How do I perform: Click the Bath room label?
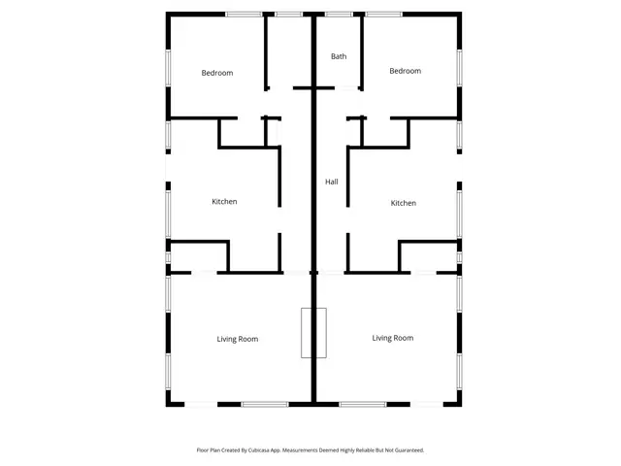pyautogui.click(x=339, y=56)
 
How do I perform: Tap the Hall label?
pyautogui.click(x=332, y=182)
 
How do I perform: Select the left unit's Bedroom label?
pyautogui.click(x=217, y=73)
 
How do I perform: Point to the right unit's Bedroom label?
pyautogui.click(x=405, y=71)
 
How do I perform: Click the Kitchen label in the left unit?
pyautogui.click(x=224, y=202)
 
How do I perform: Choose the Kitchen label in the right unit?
pyautogui.click(x=403, y=203)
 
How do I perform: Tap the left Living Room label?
pyautogui.click(x=237, y=339)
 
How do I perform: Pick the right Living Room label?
pyautogui.click(x=393, y=338)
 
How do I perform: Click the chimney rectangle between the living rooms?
pyautogui.click(x=313, y=333)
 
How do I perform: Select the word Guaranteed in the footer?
pyautogui.click(x=407, y=450)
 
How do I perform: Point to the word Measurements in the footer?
pyautogui.click(x=304, y=450)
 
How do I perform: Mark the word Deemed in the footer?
pyautogui.click(x=334, y=450)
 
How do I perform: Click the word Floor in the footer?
pyautogui.click(x=202, y=450)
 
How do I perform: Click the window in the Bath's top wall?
pyautogui.click(x=339, y=14)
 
